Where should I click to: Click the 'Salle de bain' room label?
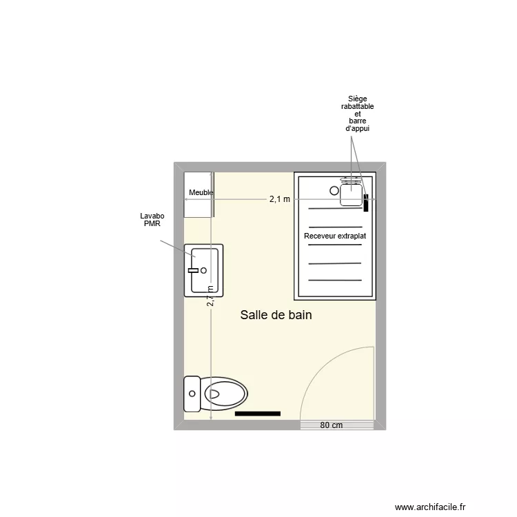point(276,315)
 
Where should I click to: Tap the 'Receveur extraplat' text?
point(335,236)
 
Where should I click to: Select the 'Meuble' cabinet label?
point(201,193)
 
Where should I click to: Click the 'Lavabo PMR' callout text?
point(152,220)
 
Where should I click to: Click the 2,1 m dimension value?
point(279,199)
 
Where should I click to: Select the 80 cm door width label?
point(331,425)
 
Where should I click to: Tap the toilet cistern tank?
point(192,395)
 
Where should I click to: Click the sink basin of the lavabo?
point(205,270)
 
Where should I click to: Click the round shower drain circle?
point(334,190)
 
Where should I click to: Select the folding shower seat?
point(352,192)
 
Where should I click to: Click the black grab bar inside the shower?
point(366,202)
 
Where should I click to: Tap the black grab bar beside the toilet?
point(257,414)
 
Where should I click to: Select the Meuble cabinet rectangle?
point(198,194)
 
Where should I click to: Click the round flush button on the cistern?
point(192,395)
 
